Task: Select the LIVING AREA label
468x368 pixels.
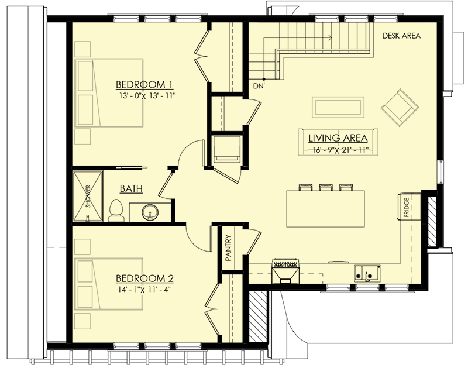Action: (338, 138)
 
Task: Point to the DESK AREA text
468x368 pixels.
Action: (401, 36)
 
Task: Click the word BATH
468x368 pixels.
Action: (130, 189)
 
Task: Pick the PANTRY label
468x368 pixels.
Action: (229, 247)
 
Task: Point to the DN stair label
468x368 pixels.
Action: (258, 87)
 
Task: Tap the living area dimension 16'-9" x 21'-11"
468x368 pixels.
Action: (338, 150)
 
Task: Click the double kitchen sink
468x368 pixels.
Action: (366, 273)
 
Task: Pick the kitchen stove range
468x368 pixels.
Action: (285, 270)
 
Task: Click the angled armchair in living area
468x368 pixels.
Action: (400, 106)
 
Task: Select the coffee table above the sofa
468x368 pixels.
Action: (338, 106)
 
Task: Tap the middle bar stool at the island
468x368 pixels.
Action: (326, 188)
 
